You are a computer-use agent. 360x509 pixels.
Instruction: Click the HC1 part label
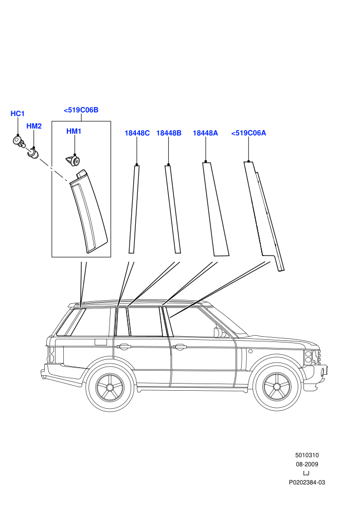17,114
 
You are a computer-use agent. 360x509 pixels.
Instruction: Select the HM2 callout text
34,126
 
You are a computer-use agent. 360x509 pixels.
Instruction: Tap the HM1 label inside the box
74,131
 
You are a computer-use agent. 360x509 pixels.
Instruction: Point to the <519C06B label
81,110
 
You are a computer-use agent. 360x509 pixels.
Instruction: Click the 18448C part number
137,133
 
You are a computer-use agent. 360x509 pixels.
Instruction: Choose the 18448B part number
169,133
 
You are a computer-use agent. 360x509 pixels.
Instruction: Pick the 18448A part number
206,133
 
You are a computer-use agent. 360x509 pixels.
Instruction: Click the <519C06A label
248,133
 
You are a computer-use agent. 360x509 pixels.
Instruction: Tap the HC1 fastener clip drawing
19,141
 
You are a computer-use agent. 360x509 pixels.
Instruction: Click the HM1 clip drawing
73,160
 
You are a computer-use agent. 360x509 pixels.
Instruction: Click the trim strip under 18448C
134,209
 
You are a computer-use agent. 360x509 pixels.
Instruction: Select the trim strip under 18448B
173,209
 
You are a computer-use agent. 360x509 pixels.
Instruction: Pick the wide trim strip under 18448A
215,209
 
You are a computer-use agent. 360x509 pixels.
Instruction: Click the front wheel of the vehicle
276,387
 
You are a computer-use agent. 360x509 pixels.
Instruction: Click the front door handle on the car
179,348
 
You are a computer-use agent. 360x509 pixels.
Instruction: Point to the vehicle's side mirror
219,333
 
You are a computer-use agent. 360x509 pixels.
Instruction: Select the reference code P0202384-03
307,482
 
